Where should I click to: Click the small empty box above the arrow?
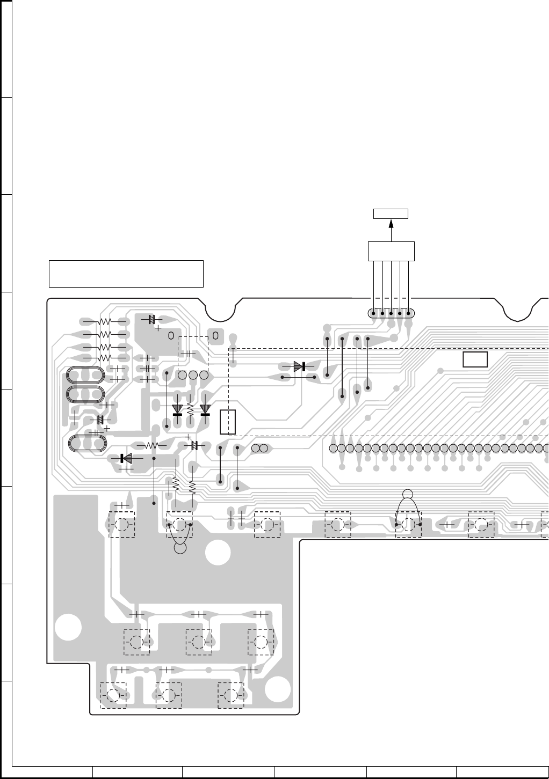click(x=391, y=214)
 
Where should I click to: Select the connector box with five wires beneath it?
click(x=391, y=251)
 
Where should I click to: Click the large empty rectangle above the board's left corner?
click(x=126, y=274)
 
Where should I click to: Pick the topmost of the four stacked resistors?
click(x=104, y=321)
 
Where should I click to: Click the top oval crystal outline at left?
click(x=84, y=374)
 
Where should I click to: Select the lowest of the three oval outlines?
click(x=88, y=443)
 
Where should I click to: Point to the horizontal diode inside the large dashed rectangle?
click(x=300, y=367)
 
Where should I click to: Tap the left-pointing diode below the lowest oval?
click(x=126, y=458)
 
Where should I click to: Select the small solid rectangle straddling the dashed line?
click(x=228, y=422)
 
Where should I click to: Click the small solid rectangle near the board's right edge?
click(x=475, y=359)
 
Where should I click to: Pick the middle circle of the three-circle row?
click(x=193, y=375)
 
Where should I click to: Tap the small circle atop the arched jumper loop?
click(x=408, y=494)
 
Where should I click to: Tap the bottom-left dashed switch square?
click(x=113, y=695)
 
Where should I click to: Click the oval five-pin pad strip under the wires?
click(x=391, y=313)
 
